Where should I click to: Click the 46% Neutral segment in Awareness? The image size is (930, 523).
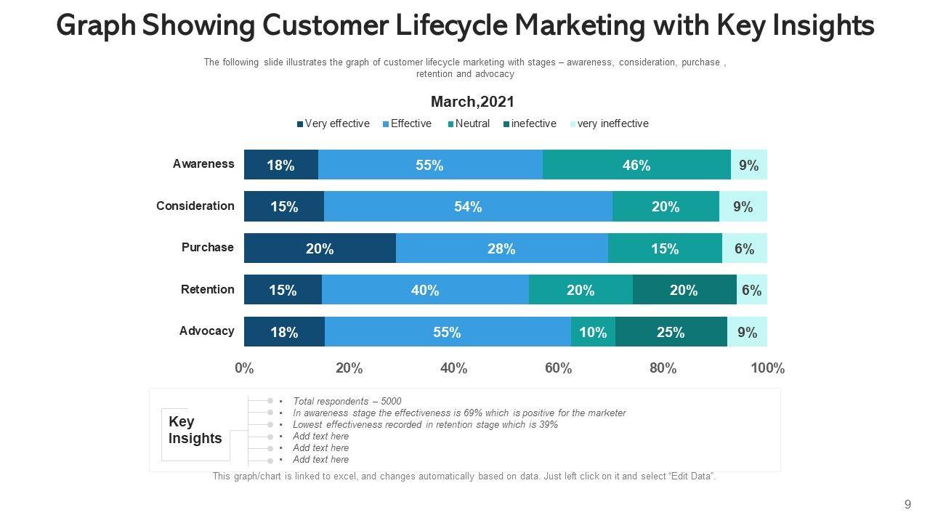[636, 165]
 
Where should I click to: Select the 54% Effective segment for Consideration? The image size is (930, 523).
[468, 207]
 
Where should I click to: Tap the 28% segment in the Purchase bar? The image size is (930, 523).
[501, 248]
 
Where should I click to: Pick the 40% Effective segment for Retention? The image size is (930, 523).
[425, 291]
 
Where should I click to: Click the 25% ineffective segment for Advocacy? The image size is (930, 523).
[671, 332]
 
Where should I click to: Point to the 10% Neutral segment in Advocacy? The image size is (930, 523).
[593, 332]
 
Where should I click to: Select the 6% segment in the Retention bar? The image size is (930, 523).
[752, 291]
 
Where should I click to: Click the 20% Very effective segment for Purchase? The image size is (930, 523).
[320, 248]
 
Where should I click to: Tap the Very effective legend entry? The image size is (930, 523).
[333, 123]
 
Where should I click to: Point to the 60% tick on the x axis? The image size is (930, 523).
[558, 368]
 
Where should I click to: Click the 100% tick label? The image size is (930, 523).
[767, 368]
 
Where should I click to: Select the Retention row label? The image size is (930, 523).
[208, 289]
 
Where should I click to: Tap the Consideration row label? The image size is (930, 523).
[195, 206]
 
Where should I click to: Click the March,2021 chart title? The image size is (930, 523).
[472, 102]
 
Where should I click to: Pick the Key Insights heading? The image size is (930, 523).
[195, 430]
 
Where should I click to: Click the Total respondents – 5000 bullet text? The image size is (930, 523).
[347, 401]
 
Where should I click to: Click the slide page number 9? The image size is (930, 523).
[907, 504]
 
